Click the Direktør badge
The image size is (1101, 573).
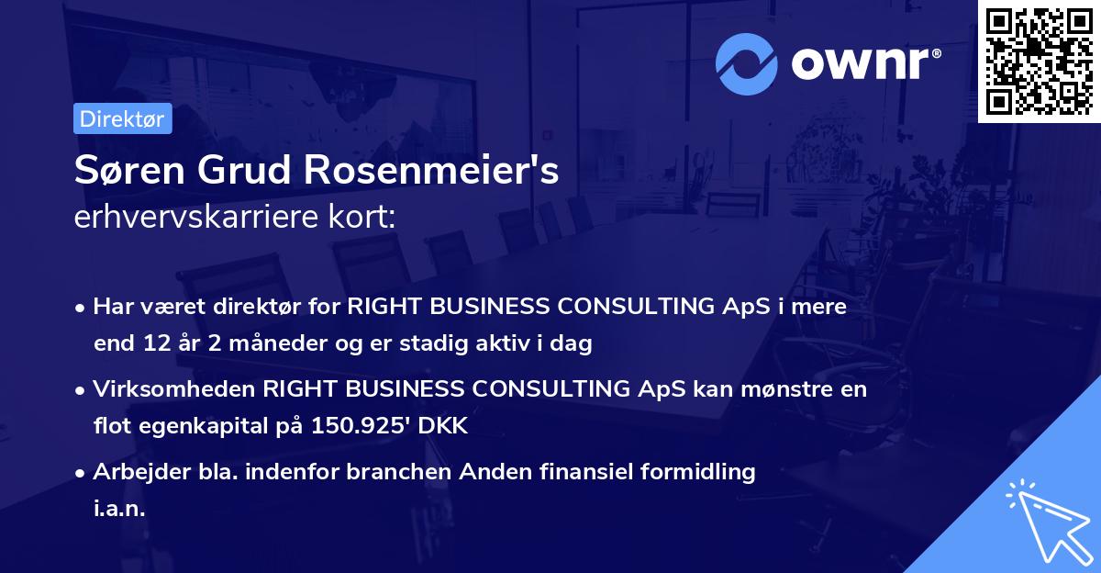click(x=122, y=118)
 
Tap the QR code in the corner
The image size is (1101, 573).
click(x=1040, y=61)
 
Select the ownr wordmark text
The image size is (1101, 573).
click(x=865, y=65)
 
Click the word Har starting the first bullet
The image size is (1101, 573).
click(x=110, y=307)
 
